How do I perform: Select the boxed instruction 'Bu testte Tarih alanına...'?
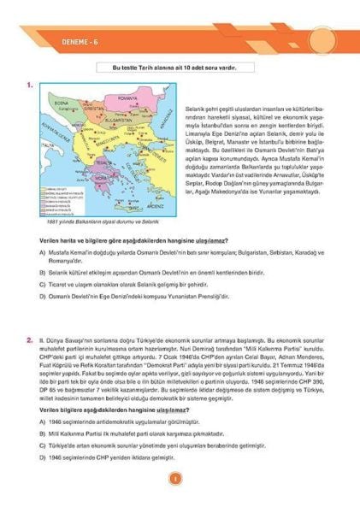tap(180, 66)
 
